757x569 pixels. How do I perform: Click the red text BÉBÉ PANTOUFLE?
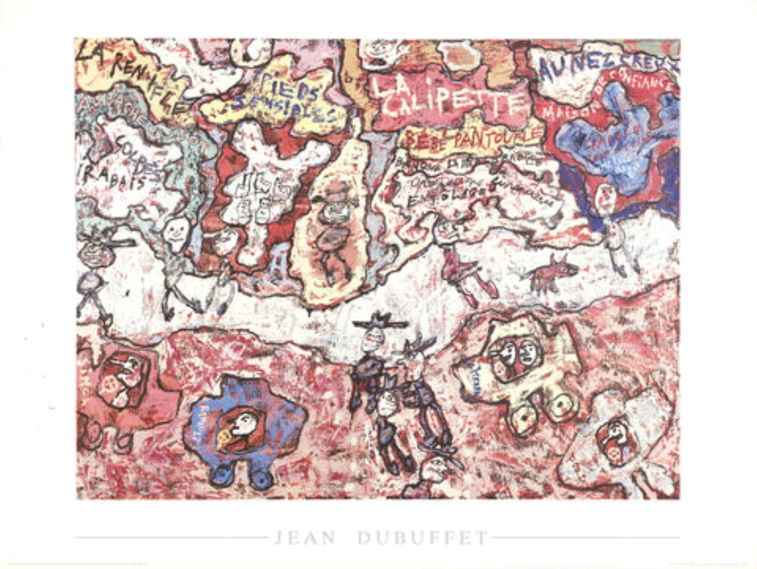click(x=474, y=139)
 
